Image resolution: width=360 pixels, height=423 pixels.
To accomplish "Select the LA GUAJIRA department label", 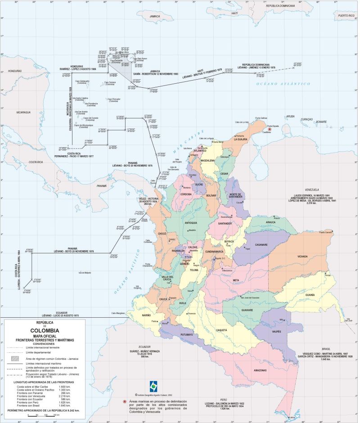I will pyautogui.click(x=242, y=140).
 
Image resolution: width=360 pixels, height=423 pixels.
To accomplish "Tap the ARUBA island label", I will pyautogui.click(x=290, y=116).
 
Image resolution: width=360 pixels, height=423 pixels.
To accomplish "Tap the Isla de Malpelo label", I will pyautogui.click(x=85, y=272).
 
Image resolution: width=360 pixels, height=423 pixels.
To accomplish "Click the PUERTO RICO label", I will pyautogui.click(x=346, y=15).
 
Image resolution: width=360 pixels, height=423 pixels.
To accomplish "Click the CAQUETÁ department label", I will pyautogui.click(x=221, y=330).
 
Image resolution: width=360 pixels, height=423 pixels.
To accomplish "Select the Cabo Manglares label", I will pyautogui.click(x=117, y=313).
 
